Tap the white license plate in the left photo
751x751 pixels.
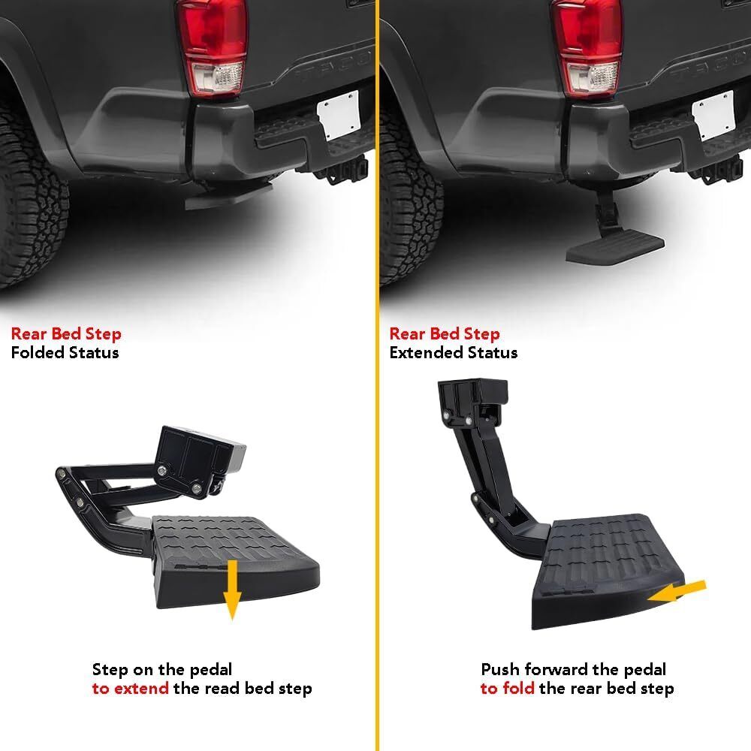pyautogui.click(x=339, y=115)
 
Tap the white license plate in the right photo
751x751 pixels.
pyautogui.click(x=713, y=116)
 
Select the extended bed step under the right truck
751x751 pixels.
pyautogui.click(x=613, y=234)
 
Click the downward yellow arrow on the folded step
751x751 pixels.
pyautogui.click(x=232, y=589)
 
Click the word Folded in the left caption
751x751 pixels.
pyautogui.click(x=38, y=352)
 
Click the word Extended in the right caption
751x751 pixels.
pyautogui.click(x=426, y=352)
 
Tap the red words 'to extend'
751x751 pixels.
pyautogui.click(x=130, y=688)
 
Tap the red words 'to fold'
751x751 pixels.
pyautogui.click(x=507, y=688)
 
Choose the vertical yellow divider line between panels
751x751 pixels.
pyautogui.click(x=377, y=375)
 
